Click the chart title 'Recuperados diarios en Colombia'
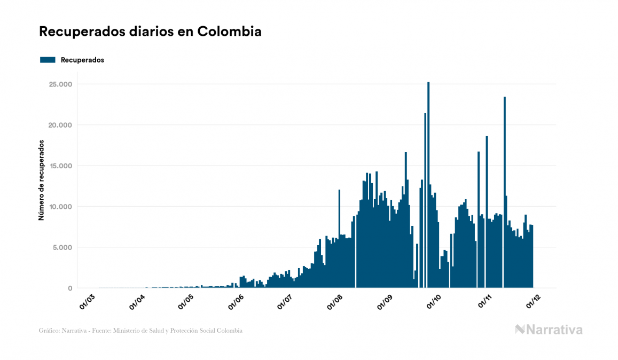coord(150,32)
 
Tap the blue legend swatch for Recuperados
coord(48,60)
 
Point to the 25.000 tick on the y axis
coord(60,84)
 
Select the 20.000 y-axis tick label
coord(60,125)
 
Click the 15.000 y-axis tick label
coord(60,166)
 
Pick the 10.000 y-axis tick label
coord(60,207)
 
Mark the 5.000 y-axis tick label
coord(62,247)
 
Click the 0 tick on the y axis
coord(69,288)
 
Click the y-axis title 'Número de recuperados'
coord(41,180)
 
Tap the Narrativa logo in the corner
coord(549,330)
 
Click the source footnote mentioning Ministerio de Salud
coord(140,331)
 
